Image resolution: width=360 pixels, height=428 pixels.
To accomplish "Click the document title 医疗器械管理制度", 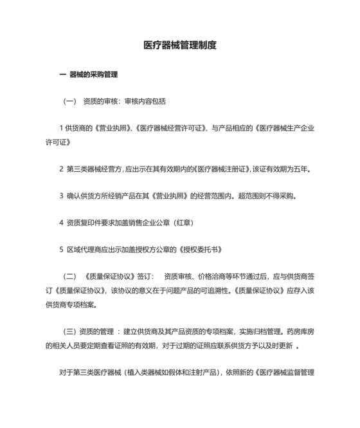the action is click(179, 46).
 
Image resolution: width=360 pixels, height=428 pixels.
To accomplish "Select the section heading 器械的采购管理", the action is click(93, 75).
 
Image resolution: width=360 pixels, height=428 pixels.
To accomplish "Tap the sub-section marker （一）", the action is click(69, 102).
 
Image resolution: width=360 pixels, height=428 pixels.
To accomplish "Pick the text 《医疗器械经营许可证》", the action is click(168, 128).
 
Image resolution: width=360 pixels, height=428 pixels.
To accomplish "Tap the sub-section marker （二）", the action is click(69, 276).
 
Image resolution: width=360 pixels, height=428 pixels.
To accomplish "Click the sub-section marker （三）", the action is click(69, 331).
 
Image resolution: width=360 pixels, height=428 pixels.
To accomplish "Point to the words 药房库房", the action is click(299, 331).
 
